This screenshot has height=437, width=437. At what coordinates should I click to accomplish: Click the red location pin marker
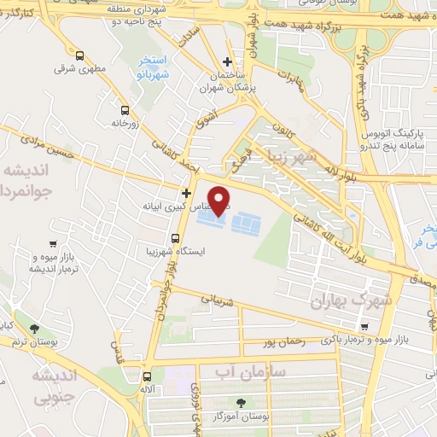pyautogui.click(x=220, y=199)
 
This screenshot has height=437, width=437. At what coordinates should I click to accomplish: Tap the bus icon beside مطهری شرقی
pyautogui.click(x=79, y=57)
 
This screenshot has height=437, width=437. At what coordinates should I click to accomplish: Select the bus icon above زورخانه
pyautogui.click(x=125, y=110)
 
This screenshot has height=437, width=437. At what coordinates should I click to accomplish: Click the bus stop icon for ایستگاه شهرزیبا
pyautogui.click(x=174, y=238)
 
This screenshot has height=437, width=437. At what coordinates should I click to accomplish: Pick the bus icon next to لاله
pyautogui.click(x=147, y=376)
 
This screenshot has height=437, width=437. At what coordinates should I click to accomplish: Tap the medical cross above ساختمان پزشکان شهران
pyautogui.click(x=226, y=62)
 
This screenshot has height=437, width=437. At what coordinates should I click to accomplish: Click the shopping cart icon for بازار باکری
pyautogui.click(x=364, y=327)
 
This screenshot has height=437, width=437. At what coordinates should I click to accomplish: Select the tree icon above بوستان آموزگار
pyautogui.click(x=241, y=402)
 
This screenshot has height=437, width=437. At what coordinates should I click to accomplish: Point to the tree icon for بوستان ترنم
pyautogui.click(x=34, y=329)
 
